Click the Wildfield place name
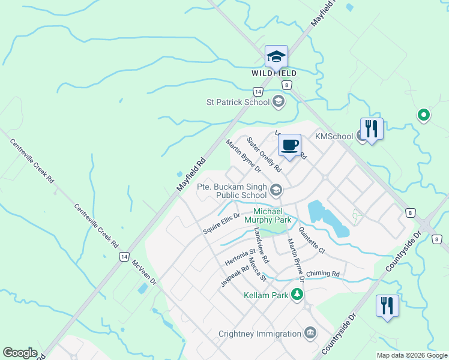273,73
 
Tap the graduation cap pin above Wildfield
276,56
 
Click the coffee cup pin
289,145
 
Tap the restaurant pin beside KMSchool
372,128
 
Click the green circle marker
423,114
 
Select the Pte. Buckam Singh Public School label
232,191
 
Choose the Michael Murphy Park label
272,216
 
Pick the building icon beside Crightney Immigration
310,332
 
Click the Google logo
20,353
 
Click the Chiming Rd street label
322,274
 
